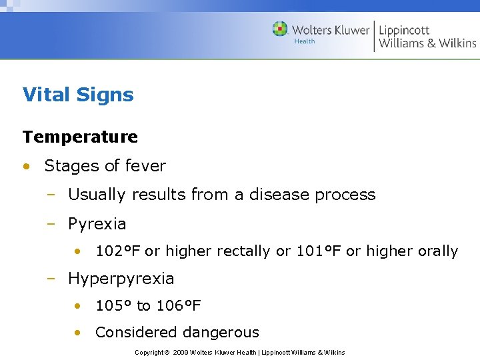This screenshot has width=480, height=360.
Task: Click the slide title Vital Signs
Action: [78, 95]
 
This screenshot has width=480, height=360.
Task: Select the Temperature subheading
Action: [80, 137]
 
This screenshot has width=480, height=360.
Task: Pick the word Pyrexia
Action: [97, 224]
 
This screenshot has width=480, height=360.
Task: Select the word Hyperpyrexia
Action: [121, 279]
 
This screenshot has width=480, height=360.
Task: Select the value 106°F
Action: [178, 306]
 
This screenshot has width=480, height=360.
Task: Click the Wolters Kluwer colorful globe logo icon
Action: [280, 29]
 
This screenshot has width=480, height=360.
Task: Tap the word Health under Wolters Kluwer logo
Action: [304, 41]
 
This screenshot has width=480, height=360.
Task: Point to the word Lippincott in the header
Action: [404, 30]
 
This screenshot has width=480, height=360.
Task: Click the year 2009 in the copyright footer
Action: [180, 352]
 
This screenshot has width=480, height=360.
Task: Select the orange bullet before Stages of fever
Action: [26, 166]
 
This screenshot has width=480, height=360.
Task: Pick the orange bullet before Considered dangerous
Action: [79, 333]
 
